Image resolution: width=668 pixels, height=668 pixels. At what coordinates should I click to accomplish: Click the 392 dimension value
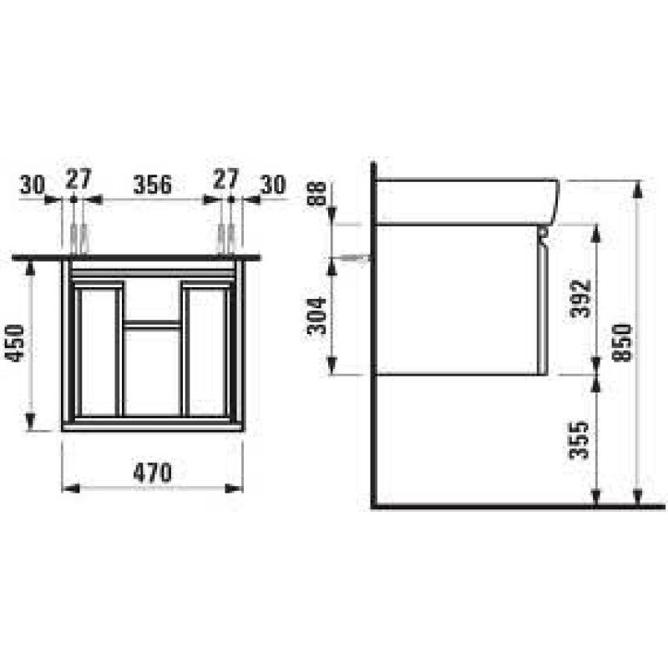coord(582,297)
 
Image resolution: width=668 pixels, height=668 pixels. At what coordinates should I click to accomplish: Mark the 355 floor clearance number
coord(582,439)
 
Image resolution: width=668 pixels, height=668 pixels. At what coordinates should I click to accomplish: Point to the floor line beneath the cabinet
coord(518,506)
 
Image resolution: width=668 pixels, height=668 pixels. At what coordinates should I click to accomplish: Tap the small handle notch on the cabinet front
coord(544,234)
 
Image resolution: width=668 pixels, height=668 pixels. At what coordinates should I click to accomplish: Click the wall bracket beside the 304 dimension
coord(359,258)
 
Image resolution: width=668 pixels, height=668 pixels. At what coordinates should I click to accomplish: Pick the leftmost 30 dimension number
coord(32,185)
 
